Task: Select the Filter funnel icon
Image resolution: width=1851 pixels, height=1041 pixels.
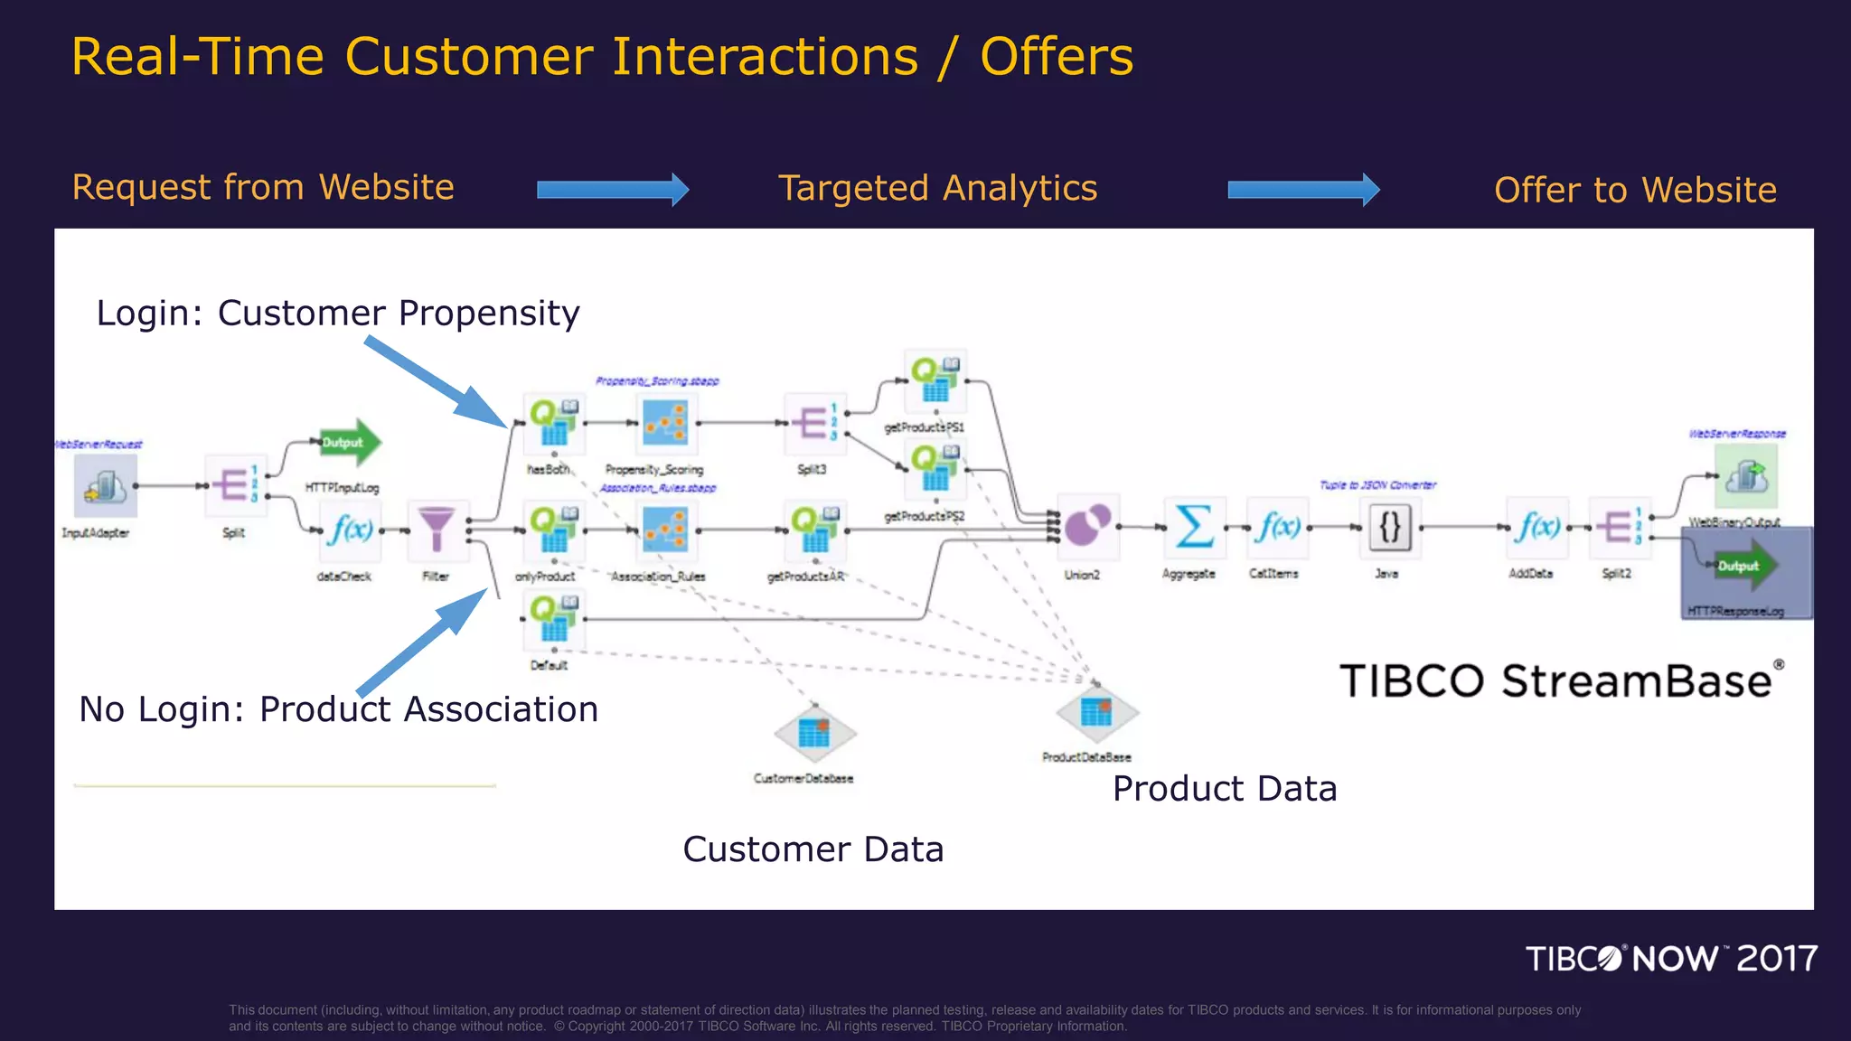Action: coord(436,529)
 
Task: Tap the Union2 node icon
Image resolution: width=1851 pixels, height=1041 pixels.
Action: coord(1087,525)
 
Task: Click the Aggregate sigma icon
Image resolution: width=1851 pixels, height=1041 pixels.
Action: coord(1194,526)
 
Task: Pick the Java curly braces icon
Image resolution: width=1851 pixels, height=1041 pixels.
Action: coord(1389,526)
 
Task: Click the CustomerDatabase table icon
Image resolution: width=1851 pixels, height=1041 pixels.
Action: coord(814,733)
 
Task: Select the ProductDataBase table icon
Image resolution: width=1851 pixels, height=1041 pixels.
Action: coord(1096,713)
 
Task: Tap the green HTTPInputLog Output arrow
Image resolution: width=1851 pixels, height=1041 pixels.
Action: coord(351,443)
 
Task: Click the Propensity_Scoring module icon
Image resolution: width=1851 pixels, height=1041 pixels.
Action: coord(665,423)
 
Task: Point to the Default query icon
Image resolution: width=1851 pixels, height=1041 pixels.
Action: coord(554,618)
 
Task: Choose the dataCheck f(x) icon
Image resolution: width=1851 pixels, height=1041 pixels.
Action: coord(350,529)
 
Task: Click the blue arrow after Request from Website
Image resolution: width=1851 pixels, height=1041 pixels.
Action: coord(613,190)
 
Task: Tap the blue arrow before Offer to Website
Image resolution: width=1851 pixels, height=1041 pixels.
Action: coord(1303,190)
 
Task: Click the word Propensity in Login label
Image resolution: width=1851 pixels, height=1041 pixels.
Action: coord(489,314)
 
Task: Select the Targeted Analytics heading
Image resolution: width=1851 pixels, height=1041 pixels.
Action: coord(937,189)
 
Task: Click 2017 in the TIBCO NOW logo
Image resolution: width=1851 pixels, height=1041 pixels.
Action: coord(1777,959)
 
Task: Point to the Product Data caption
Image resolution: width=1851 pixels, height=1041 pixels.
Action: coord(1224,789)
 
